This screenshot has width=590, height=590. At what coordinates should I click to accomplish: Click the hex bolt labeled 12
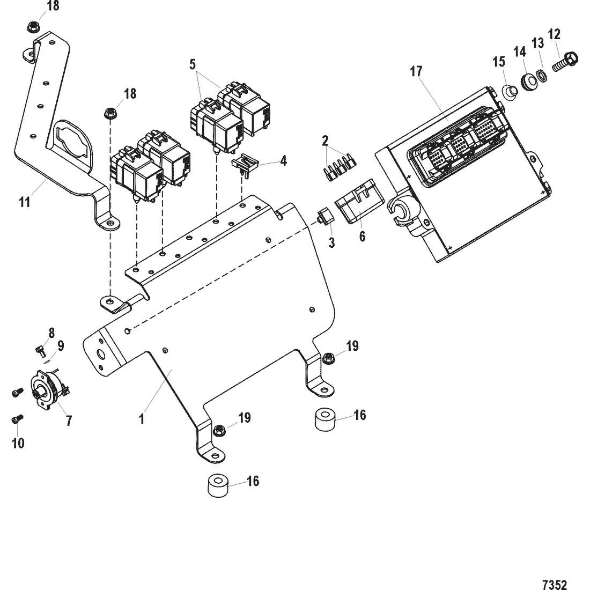click(x=565, y=62)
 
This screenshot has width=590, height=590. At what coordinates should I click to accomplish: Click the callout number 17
click(x=416, y=71)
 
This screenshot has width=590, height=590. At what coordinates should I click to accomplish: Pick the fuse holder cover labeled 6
click(x=359, y=201)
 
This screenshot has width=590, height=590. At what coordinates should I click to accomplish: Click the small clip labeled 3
click(x=326, y=217)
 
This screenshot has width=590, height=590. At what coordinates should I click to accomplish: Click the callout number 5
click(x=193, y=64)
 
